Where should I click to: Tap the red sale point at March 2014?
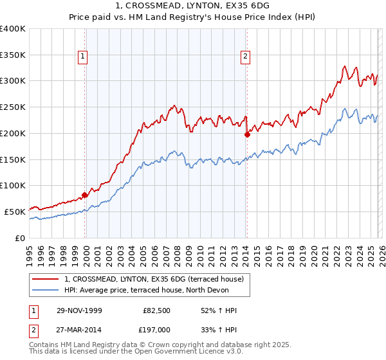(x=247, y=134)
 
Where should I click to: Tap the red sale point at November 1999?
(x=85, y=195)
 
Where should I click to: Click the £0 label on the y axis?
(x=19, y=237)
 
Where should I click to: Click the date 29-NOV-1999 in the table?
(x=79, y=310)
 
